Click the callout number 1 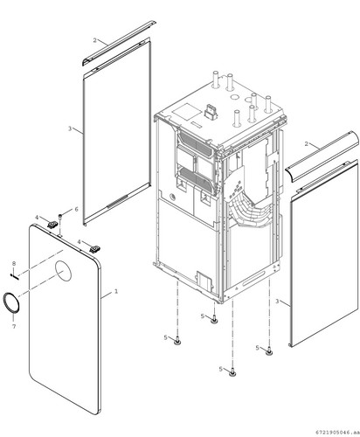[116, 291]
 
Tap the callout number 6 [76, 209]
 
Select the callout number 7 [14, 326]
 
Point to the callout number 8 [14, 263]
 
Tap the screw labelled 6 [60, 217]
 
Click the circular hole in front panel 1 [63, 271]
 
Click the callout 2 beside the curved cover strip [306, 143]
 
